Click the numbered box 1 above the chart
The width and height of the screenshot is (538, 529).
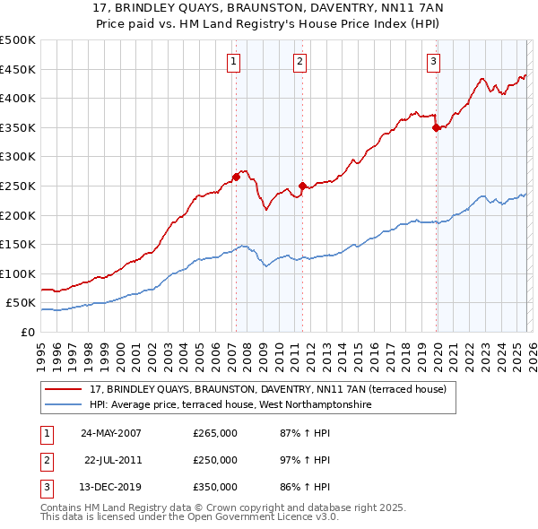click(x=233, y=62)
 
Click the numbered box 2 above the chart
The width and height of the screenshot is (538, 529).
click(x=299, y=62)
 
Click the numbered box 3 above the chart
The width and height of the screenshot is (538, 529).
click(x=433, y=62)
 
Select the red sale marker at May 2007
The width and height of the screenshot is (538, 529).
click(x=236, y=178)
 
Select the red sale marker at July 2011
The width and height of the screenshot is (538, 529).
click(x=302, y=186)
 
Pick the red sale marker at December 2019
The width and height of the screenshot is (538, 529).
click(x=436, y=127)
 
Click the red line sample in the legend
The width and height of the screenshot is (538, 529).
click(x=64, y=389)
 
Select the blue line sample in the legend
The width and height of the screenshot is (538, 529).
click(x=64, y=404)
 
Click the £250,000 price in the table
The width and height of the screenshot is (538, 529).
click(x=215, y=460)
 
